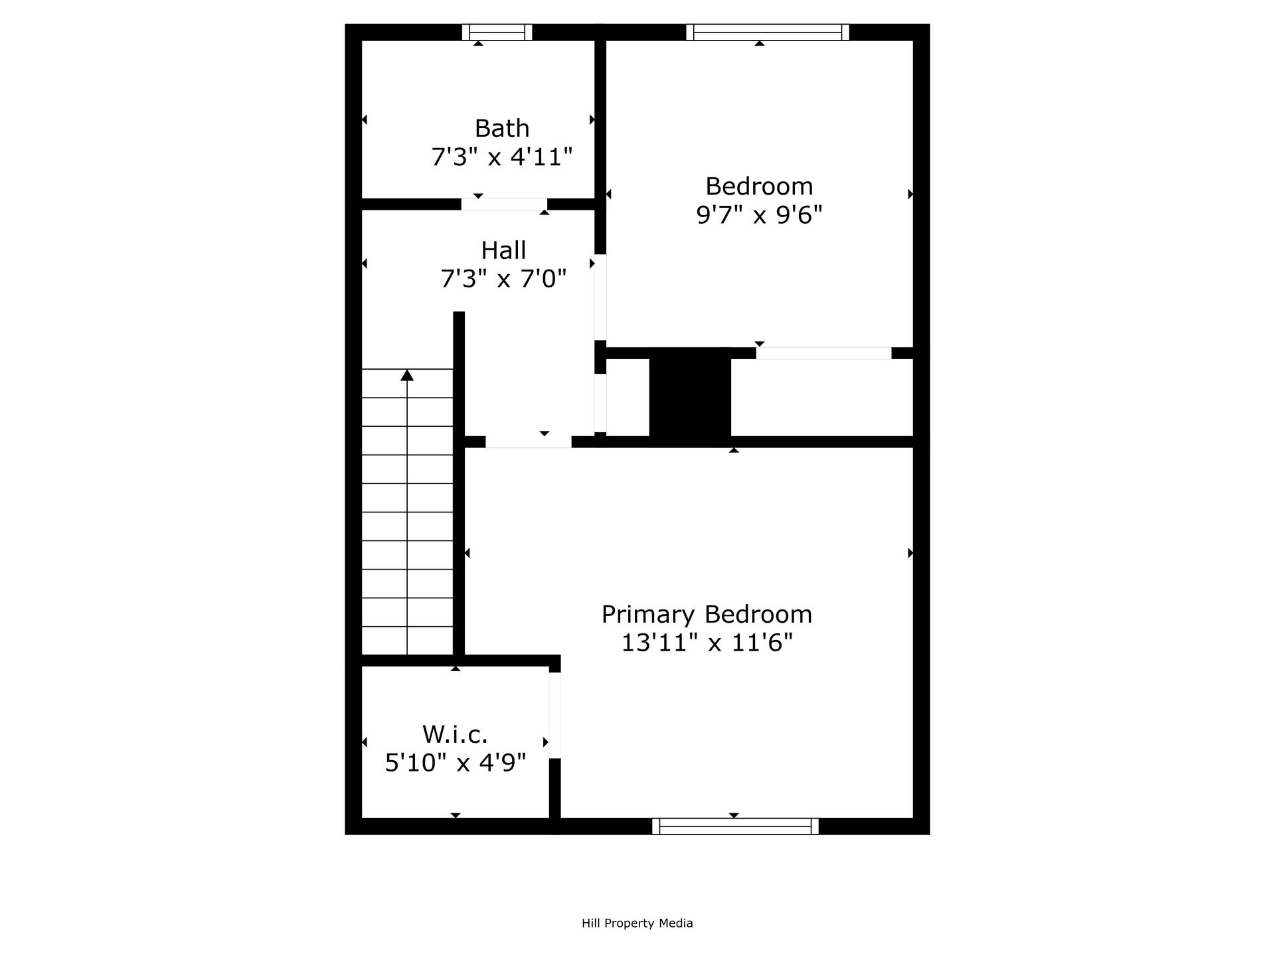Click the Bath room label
[502, 128]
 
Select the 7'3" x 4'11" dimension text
[502, 157]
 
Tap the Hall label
[503, 250]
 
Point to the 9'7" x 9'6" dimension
[759, 215]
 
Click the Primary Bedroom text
[707, 614]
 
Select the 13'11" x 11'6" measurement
[707, 643]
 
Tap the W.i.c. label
[456, 734]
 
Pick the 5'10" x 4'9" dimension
[456, 763]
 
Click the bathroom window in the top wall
[497, 32]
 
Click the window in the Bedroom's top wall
[768, 32]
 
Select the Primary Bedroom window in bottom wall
[735, 826]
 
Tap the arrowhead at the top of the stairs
[407, 376]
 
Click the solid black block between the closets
[690, 396]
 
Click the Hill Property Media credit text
[637, 923]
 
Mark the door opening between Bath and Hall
[504, 204]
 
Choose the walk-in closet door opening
[554, 715]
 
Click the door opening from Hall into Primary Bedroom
[528, 441]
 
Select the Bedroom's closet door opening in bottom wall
[823, 353]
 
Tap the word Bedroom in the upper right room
[759, 186]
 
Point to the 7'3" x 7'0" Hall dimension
[503, 279]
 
